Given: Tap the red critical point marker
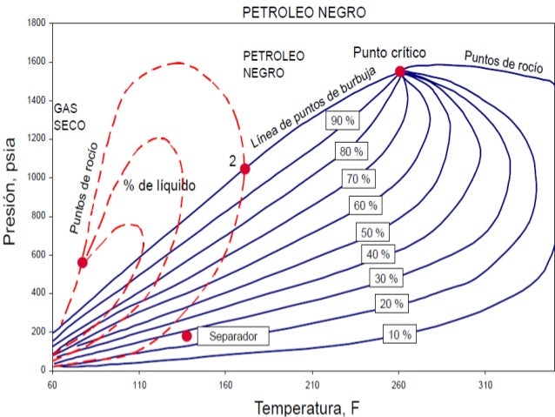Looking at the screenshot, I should click(x=399, y=71).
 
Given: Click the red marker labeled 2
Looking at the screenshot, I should click(x=244, y=168).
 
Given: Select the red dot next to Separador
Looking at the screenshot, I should click(x=186, y=336).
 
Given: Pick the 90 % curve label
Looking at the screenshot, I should click(x=340, y=121).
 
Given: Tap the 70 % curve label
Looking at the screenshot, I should click(x=358, y=178).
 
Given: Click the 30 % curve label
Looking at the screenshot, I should click(x=386, y=279).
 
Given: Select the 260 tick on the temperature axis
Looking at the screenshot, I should click(x=399, y=383).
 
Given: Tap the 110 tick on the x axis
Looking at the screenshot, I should click(x=138, y=383).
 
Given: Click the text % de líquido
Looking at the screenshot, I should click(x=159, y=185).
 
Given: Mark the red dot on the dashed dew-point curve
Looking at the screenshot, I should click(x=83, y=262).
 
